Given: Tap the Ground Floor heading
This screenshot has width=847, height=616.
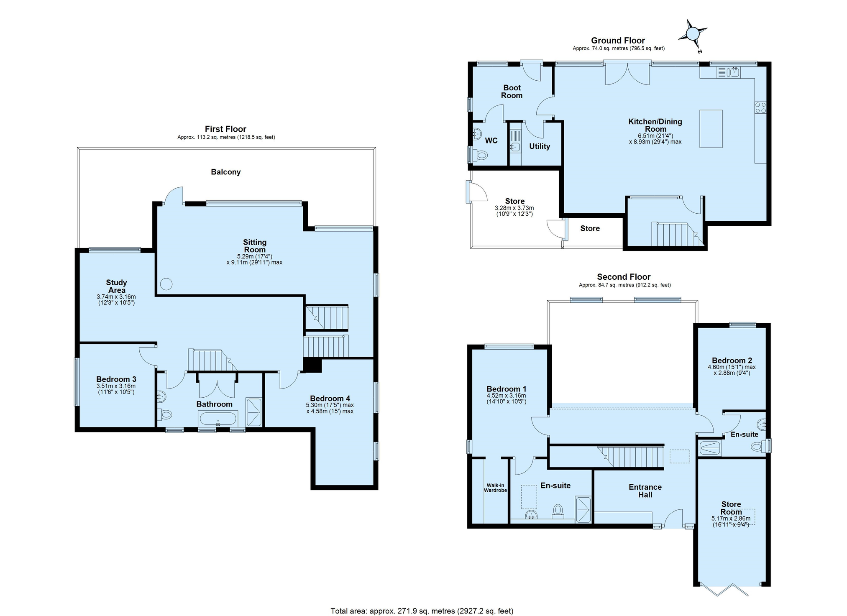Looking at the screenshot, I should tap(618, 41).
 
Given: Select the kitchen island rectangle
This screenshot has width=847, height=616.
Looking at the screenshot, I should tap(711, 128).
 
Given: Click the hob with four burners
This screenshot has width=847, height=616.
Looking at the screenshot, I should tap(760, 107).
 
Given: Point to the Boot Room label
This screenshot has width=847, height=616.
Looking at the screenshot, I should tap(512, 92).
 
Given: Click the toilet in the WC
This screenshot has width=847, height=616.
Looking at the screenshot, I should tap(481, 156).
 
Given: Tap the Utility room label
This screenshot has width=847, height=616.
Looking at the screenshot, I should tap(539, 146).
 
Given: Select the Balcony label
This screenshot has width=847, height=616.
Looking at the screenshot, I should tap(225, 172).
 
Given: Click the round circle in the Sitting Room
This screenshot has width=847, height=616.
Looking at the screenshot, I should tap(166, 284).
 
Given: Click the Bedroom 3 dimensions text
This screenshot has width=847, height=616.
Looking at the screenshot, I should tap(116, 389).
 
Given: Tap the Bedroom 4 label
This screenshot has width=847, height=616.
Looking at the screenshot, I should tap(330, 399).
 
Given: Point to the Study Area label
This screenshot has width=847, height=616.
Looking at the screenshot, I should tap(116, 286).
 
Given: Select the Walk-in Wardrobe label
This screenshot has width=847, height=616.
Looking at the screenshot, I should tap(495, 488).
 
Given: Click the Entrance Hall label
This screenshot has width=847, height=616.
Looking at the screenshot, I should tap(645, 491).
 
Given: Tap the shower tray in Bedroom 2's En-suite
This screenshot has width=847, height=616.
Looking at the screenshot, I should tap(710, 448).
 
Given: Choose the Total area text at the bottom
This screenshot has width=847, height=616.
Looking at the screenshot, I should tap(422, 611).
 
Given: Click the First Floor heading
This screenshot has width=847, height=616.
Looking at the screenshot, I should tap(225, 129).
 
